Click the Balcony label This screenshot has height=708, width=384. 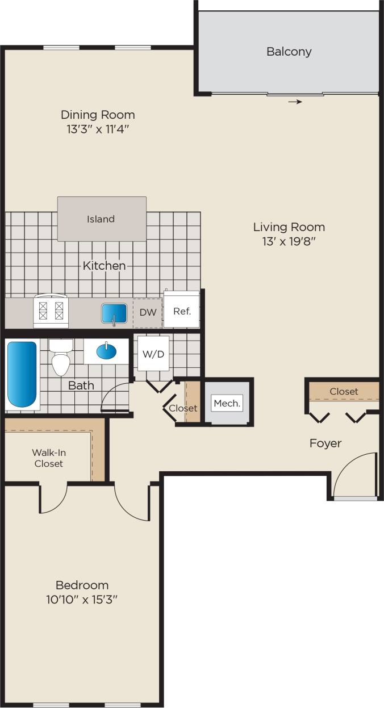click(x=289, y=52)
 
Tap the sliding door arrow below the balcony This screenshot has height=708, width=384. click(x=294, y=102)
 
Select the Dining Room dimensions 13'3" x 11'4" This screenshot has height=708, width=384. click(x=98, y=129)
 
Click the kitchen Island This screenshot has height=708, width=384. click(x=101, y=219)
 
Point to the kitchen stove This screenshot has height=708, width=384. click(x=51, y=311)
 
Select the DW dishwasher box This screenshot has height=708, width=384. click(x=148, y=312)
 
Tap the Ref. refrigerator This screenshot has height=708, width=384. click(x=182, y=311)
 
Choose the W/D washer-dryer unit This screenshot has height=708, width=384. click(x=153, y=354)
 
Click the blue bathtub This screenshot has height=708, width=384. click(x=22, y=375)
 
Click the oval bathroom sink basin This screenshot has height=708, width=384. click(x=108, y=351)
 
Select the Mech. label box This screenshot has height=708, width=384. click(x=227, y=404)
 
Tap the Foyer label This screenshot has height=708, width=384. click(x=325, y=443)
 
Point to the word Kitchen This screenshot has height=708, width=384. click(x=104, y=265)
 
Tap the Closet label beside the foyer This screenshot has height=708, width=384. click(x=344, y=391)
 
